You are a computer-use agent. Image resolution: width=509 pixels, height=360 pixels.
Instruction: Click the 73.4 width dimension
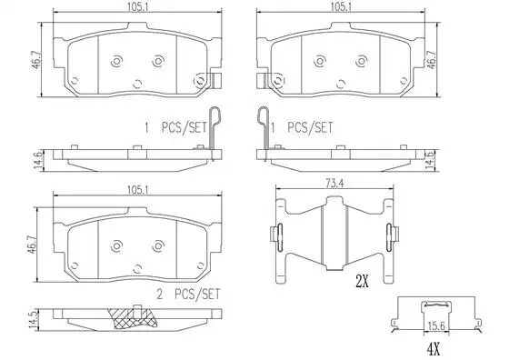pos(334,184)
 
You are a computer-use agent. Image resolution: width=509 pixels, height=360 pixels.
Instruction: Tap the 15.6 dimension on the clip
pos(436,326)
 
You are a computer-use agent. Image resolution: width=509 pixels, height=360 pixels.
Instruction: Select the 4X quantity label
pos(434,349)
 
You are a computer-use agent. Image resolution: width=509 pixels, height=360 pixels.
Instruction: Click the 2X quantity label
pos(363,282)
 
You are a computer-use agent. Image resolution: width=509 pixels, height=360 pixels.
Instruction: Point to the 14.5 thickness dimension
pos(34,319)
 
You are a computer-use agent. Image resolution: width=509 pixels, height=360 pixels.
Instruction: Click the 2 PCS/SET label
pos(188,295)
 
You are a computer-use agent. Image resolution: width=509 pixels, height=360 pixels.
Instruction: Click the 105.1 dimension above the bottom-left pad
pos(137,190)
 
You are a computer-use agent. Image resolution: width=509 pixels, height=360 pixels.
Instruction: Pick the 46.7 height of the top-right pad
pos(432,59)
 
